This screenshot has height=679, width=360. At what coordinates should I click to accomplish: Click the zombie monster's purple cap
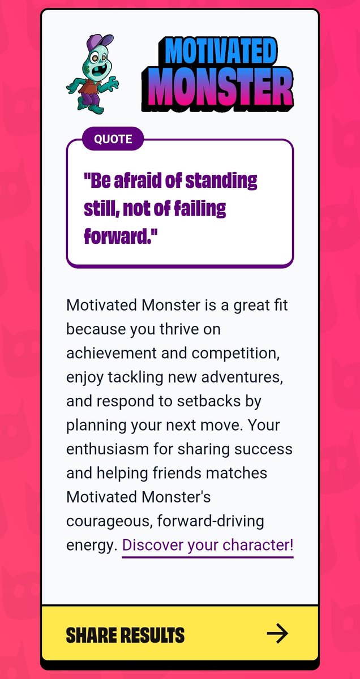point(97,42)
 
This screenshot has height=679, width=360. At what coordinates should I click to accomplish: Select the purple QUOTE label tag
point(113,139)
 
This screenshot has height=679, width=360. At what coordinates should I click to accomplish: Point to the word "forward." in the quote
point(120,236)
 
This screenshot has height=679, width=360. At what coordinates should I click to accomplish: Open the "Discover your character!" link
point(208,545)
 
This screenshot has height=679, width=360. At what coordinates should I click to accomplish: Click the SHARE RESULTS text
point(125,635)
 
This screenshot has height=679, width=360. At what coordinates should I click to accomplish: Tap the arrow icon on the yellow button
point(277,634)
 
